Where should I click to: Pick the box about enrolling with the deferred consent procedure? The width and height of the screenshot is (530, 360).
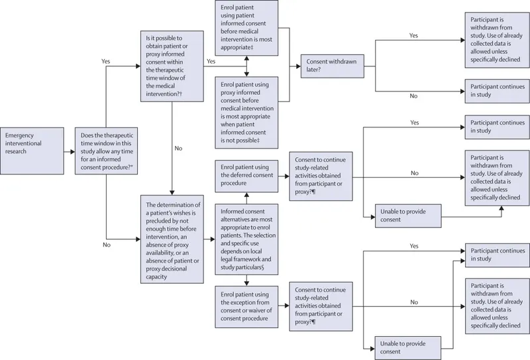(247, 173)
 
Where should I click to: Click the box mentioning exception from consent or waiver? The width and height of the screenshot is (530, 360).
(247, 306)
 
